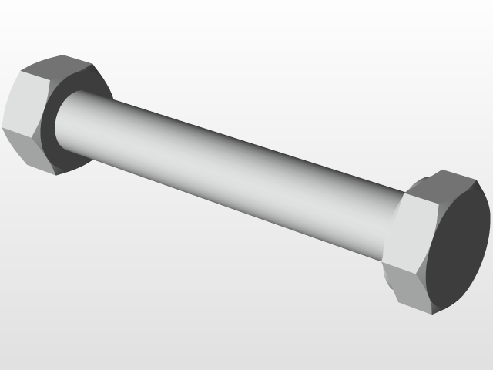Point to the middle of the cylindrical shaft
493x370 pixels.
(231, 170)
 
